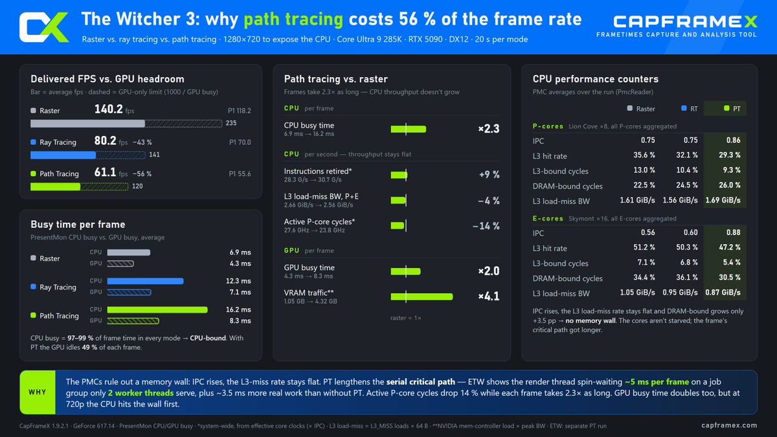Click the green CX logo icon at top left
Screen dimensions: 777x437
tap(44, 27)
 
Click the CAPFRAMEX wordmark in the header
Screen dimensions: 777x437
tap(685, 21)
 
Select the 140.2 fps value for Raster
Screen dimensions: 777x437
tap(109, 109)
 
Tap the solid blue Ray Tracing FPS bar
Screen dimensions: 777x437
tap(63, 155)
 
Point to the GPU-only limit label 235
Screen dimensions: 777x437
tap(231, 123)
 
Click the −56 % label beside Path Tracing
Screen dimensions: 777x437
tap(142, 174)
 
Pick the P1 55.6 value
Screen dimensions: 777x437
tap(240, 174)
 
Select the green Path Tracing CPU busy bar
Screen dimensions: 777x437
tap(157, 309)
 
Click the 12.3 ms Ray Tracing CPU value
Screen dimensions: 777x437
tap(238, 281)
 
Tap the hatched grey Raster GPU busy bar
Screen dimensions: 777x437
tap(120, 263)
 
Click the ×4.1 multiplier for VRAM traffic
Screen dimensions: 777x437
tap(489, 297)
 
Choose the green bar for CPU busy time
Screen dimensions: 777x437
tap(409, 129)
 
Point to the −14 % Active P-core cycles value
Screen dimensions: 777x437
tap(486, 226)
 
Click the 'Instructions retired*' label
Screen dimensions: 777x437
tap(318, 171)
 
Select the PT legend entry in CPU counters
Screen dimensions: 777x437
tap(732, 109)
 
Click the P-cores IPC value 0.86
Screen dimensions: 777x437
tap(733, 140)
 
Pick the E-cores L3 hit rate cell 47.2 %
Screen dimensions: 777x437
tap(730, 247)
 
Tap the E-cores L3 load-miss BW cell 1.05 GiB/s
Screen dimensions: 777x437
tap(637, 293)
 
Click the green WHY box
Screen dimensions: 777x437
tap(38, 392)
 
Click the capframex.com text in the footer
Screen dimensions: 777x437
tap(729, 425)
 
